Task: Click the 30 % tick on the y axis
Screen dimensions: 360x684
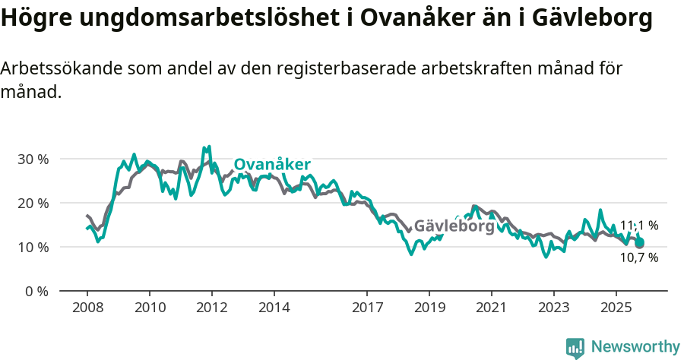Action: (33, 159)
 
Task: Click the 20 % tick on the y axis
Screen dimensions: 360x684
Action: (33, 204)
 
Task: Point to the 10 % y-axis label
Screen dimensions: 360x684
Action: (33, 248)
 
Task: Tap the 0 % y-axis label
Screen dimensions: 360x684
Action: (36, 292)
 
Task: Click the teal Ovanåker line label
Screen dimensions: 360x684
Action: (271, 165)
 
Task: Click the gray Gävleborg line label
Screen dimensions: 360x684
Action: (454, 226)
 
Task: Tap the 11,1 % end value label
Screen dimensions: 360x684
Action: (638, 226)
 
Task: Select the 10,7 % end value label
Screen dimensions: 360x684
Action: (638, 257)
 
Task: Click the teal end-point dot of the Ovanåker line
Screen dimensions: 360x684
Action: (639, 243)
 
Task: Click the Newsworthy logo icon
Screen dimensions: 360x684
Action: (575, 348)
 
